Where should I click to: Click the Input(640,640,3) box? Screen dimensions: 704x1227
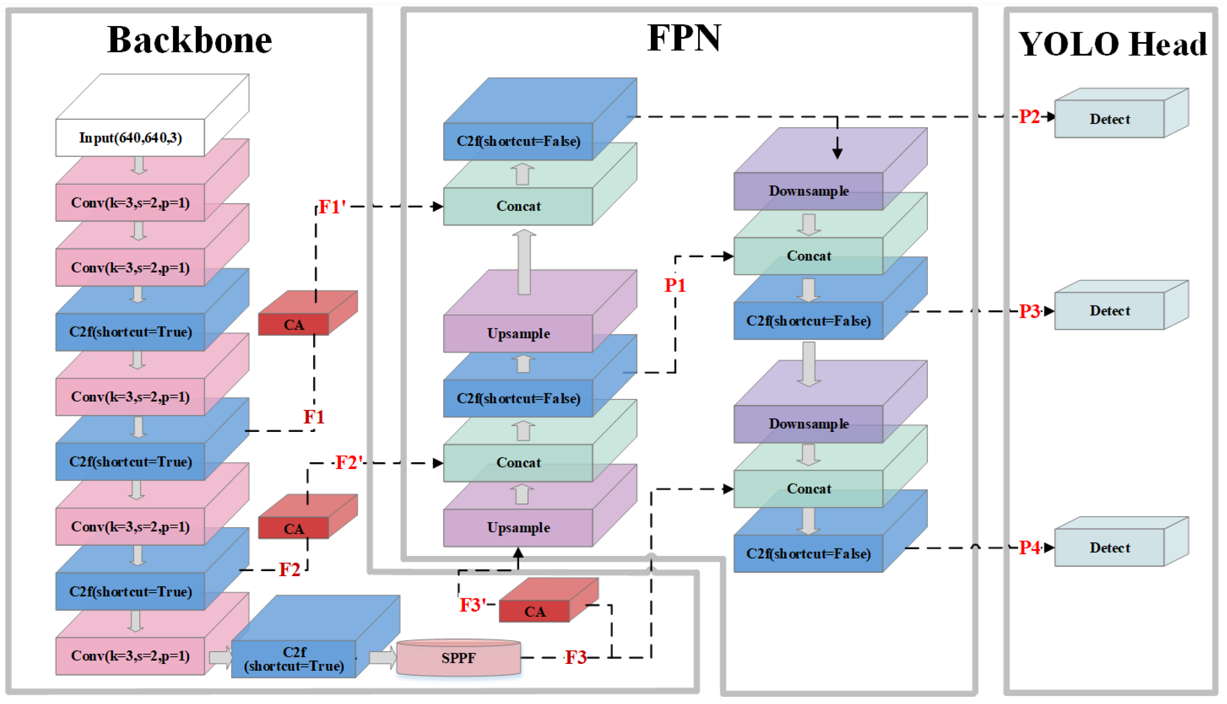pos(130,138)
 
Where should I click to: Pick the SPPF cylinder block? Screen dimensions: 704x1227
pos(458,658)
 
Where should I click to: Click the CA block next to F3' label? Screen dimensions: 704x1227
pos(534,611)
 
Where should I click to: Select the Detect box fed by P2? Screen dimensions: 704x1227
pos(1109,119)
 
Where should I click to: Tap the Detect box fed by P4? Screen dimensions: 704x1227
pos(1109,547)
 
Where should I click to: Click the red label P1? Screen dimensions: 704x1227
pos(675,285)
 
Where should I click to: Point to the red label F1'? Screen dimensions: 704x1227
pos(332,207)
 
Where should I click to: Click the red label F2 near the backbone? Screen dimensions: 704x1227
pos(289,569)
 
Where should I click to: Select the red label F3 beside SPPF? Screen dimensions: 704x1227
pos(575,657)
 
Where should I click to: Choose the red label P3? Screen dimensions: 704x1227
pos(1029,311)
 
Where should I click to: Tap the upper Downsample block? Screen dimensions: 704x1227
pos(808,191)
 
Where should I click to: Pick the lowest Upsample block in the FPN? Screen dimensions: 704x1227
pos(518,527)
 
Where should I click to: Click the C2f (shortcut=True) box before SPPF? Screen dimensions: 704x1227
pos(294,659)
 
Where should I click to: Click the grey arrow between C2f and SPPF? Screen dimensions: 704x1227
pos(382,658)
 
